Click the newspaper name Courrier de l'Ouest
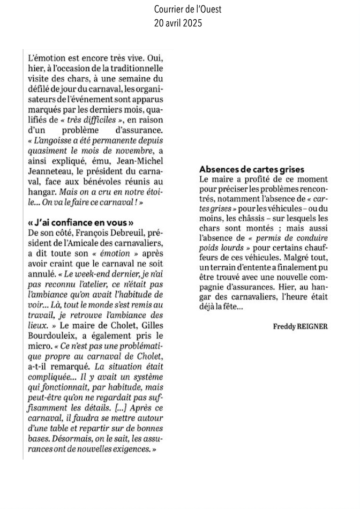point(180,10)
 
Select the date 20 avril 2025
point(180,23)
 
